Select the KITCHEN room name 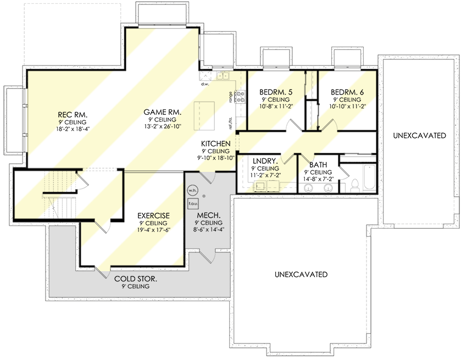[x=215, y=142]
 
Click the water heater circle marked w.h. [x=192, y=190]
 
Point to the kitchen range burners [x=240, y=97]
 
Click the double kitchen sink [x=223, y=76]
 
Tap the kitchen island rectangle [x=205, y=114]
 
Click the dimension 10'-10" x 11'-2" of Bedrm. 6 [x=347, y=107]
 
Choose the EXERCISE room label [x=153, y=215]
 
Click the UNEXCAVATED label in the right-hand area [x=419, y=135]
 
